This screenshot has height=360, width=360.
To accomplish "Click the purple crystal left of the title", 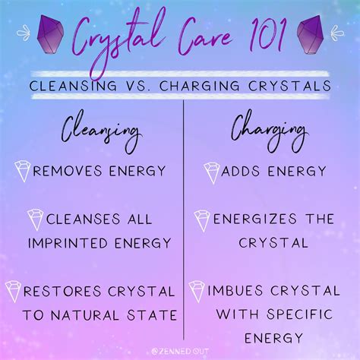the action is (50, 34).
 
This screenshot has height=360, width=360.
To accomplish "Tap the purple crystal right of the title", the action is (311, 35).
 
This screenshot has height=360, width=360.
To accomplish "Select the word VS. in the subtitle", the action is (136, 86).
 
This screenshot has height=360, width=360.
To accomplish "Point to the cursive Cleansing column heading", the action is (100, 131).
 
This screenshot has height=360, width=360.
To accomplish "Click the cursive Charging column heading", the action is (269, 131).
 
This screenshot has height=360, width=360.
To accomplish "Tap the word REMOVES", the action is (68, 171).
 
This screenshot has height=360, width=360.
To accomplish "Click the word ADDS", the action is (240, 171).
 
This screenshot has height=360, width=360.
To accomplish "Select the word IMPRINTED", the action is (68, 243).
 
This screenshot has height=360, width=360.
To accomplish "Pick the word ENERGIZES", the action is (255, 219).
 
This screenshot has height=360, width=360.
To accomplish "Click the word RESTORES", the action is (62, 292).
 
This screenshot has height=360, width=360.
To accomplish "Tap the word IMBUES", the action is (235, 291).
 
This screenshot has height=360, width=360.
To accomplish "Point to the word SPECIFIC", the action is (300, 314).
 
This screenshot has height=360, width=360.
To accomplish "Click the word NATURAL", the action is (85, 315).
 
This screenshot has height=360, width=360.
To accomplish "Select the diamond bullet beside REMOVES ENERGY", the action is (22, 171).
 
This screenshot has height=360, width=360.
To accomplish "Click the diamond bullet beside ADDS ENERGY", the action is (212, 173).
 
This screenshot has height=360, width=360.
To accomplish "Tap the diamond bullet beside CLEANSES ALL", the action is (35, 219).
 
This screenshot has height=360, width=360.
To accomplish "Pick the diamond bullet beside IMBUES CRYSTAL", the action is (197, 292).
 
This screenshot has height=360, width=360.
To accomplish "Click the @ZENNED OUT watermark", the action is (180, 352).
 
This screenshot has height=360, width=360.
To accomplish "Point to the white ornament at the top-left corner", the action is (24, 33).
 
